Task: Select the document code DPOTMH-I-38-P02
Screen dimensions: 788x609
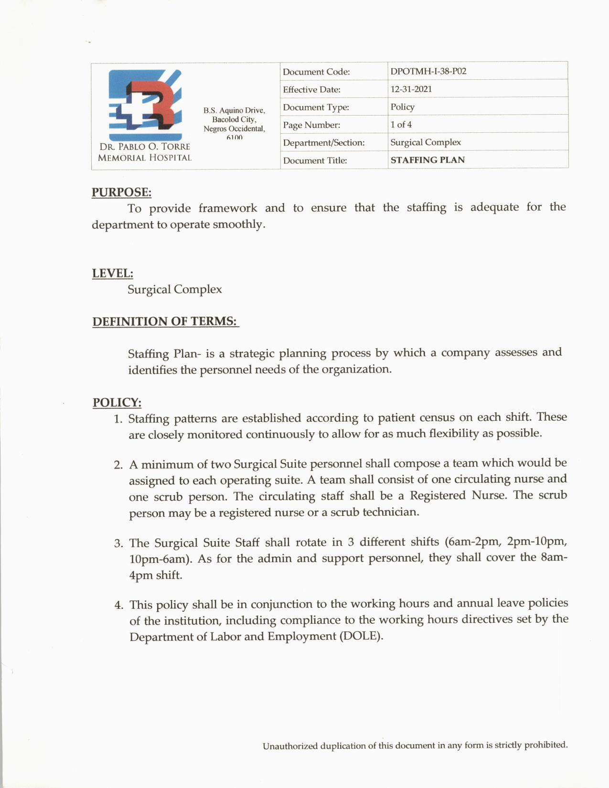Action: coord(428,71)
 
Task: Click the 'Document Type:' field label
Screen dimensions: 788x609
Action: coord(316,107)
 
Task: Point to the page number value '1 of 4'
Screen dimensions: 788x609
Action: coord(401,125)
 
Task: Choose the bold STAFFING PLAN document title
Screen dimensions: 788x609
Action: coord(427,160)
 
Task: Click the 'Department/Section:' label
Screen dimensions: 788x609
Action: coord(323,142)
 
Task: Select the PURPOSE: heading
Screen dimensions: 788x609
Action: coord(121,192)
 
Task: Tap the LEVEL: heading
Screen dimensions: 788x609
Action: coord(112,273)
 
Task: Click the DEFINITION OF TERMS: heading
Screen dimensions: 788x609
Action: coord(165,321)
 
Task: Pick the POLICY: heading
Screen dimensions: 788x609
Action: coord(117,402)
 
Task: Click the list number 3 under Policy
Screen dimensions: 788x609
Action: coord(118,543)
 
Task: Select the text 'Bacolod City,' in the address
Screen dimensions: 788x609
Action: coord(234,119)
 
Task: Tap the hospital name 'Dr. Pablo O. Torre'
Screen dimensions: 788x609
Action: coord(145,147)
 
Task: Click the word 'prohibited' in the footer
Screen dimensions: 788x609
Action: coord(545,745)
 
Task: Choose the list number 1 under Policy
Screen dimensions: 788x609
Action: coord(118,419)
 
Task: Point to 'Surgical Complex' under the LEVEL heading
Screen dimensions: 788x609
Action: coord(174,289)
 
